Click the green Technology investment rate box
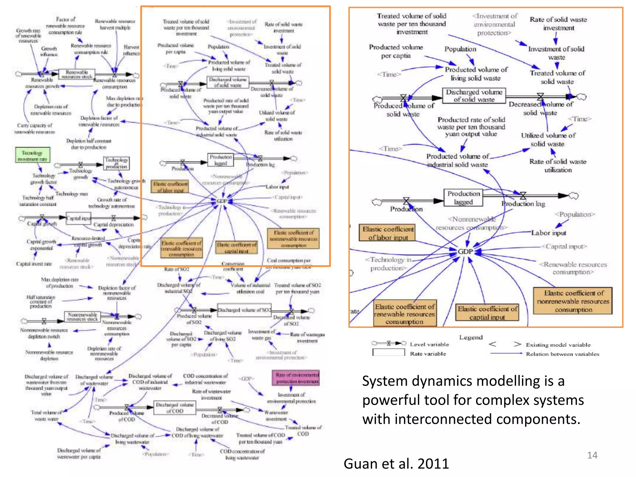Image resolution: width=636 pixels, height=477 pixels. [x=32, y=155]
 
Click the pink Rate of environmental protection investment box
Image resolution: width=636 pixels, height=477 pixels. [x=295, y=378]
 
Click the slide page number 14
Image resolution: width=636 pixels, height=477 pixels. [x=592, y=455]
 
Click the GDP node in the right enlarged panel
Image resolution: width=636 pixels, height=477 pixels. [x=465, y=252]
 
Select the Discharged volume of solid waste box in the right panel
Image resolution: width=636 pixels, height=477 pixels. [x=474, y=96]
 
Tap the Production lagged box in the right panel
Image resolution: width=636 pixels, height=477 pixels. [x=463, y=198]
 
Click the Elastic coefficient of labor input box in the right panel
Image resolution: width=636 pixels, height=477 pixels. [x=388, y=233]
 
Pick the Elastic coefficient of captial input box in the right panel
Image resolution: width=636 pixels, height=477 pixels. [x=487, y=312]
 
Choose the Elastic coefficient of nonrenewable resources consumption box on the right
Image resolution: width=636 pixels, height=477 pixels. [x=573, y=301]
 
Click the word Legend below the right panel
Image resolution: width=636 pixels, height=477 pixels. [x=471, y=338]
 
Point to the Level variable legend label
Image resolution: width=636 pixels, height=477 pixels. [x=429, y=344]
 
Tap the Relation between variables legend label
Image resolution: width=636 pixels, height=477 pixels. [x=562, y=354]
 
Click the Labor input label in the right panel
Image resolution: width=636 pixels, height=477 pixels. [x=548, y=233]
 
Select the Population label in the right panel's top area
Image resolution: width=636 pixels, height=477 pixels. [x=460, y=49]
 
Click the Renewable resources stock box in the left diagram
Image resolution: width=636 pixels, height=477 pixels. [x=76, y=74]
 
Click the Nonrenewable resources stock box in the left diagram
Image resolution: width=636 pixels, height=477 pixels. [x=82, y=317]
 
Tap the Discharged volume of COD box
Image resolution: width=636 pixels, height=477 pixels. [x=175, y=408]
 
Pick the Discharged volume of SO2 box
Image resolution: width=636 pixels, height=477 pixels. [x=244, y=310]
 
